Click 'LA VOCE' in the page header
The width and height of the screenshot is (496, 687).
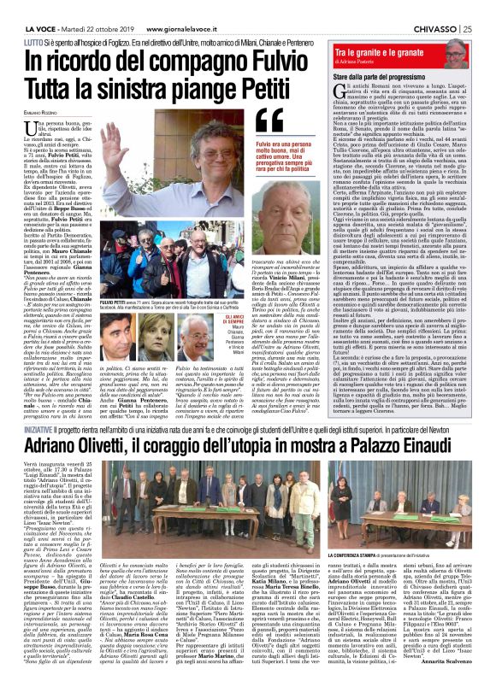[x=31, y=8]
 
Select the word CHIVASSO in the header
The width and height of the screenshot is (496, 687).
[x=434, y=8]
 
